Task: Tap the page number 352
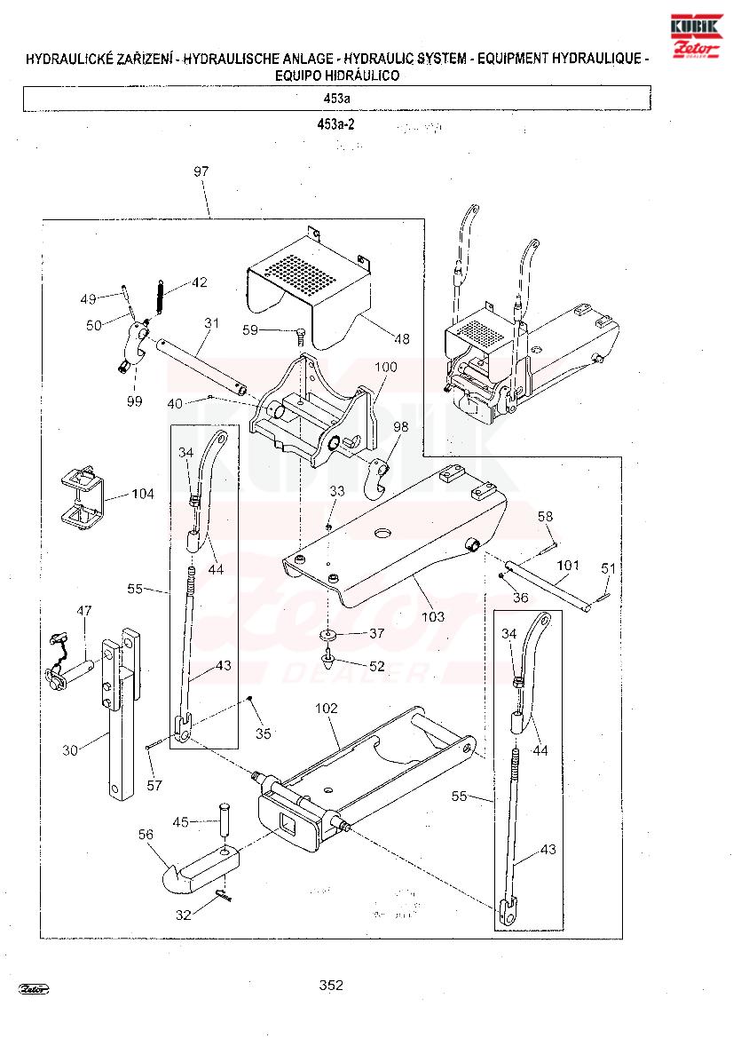pos(331,985)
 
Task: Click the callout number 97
pos(201,171)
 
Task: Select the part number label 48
pos(402,339)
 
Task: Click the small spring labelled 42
pos(160,297)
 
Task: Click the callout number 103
pos(433,617)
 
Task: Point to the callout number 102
pos(327,709)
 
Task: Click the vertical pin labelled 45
pos(225,820)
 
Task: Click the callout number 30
pos(69,750)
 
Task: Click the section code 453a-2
pos(335,124)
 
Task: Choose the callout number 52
pos(376,666)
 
